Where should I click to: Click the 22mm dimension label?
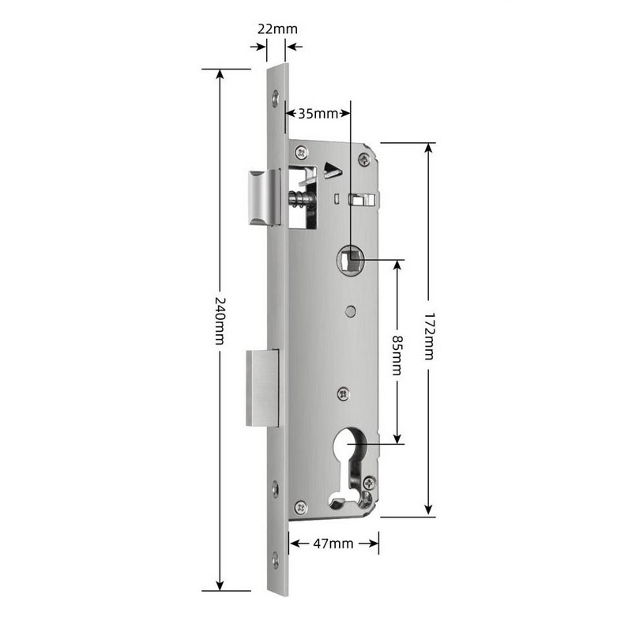pyautogui.click(x=277, y=29)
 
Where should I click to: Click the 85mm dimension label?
pyautogui.click(x=397, y=353)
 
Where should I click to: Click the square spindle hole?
pyautogui.click(x=349, y=258)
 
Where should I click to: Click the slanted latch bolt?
pyautogui.click(x=262, y=197)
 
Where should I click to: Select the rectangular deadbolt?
pyautogui.click(x=262, y=388)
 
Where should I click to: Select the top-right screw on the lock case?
pyautogui.click(x=363, y=159)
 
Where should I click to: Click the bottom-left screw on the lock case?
pyautogui.click(x=300, y=507)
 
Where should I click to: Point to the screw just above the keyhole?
pyautogui.click(x=343, y=393)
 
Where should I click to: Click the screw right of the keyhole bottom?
pyautogui.click(x=368, y=482)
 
